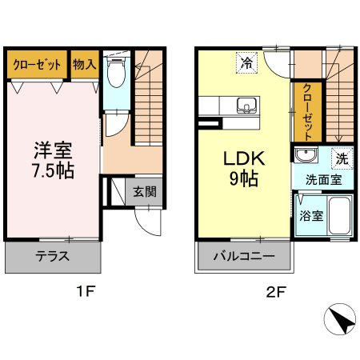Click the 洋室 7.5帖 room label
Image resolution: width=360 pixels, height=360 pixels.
(54, 159)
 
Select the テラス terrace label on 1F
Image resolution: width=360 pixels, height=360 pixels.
(53, 257)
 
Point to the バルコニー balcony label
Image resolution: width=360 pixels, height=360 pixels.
(244, 257)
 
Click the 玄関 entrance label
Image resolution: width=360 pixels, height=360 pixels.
(144, 191)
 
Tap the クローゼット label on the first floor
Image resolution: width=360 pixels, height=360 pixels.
(37, 65)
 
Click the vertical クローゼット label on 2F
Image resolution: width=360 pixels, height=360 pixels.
(306, 111)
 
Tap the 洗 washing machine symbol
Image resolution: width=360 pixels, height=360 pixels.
(342, 158)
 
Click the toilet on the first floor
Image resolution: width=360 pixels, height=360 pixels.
(117, 71)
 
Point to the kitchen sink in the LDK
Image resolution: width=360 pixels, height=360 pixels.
(246, 104)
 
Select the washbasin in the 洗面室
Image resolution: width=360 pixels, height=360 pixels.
(305, 156)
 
